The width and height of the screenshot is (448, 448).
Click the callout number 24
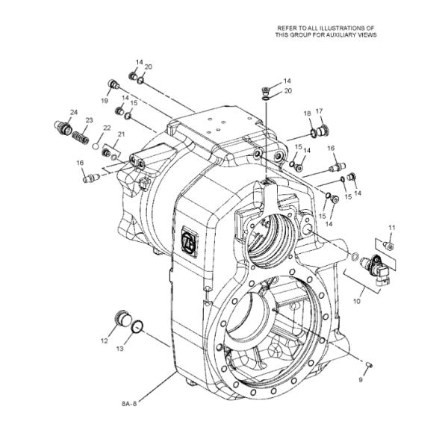[74, 113]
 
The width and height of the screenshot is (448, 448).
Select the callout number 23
[89, 120]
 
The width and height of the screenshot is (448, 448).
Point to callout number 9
[360, 380]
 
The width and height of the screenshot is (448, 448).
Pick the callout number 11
[391, 226]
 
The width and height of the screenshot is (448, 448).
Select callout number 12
[105, 340]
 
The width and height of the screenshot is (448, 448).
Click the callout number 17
[319, 111]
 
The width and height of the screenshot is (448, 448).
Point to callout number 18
[307, 113]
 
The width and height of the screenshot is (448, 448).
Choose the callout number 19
[105, 99]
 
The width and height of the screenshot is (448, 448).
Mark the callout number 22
[107, 128]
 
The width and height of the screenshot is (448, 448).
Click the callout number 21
[121, 134]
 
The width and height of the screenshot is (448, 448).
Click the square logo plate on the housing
[189, 241]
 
